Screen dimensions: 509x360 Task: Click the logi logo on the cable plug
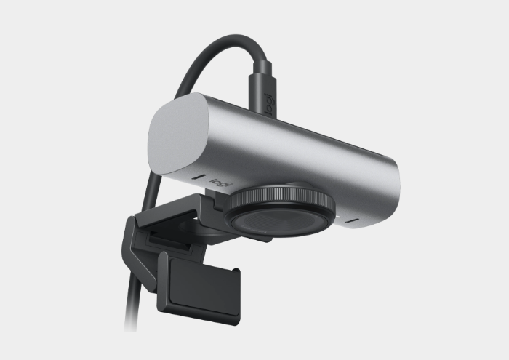(270, 103)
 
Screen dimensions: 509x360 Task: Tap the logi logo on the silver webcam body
(221, 183)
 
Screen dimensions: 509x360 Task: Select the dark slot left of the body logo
(199, 177)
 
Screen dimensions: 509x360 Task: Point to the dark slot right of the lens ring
(352, 221)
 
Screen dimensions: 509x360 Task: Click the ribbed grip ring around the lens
(281, 197)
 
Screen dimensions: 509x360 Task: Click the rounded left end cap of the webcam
(178, 133)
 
